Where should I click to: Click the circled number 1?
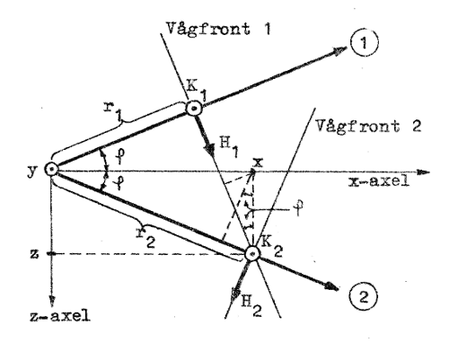click(x=364, y=43)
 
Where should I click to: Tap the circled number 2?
click(x=364, y=297)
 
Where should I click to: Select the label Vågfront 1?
click(x=219, y=30)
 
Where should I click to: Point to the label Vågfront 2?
click(x=369, y=126)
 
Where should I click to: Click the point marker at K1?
click(x=195, y=109)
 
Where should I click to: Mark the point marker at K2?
click(x=252, y=254)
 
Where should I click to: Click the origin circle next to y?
click(x=52, y=170)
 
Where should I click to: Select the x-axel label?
click(x=379, y=180)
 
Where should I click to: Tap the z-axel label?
click(x=60, y=315)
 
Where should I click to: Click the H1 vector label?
click(x=229, y=146)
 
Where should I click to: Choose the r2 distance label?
click(x=145, y=236)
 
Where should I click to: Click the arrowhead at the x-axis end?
click(x=423, y=172)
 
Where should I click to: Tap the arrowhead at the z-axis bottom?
click(x=52, y=301)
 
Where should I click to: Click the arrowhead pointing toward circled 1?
click(x=339, y=50)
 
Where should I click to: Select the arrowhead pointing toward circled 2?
click(x=331, y=286)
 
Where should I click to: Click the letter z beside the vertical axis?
click(x=34, y=254)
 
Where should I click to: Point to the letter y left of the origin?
click(x=32, y=171)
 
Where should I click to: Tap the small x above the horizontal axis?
click(x=258, y=162)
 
